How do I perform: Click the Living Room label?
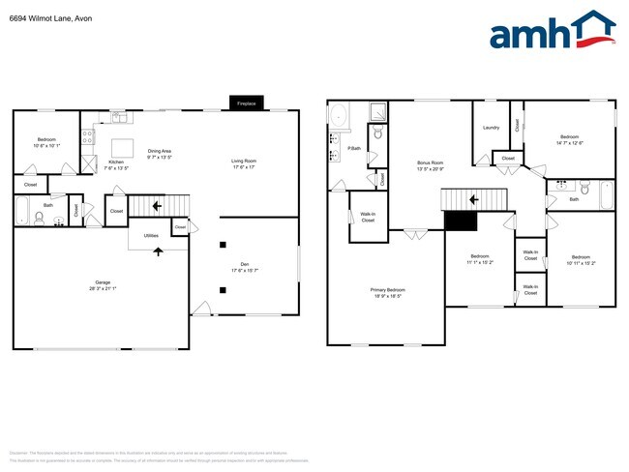pos(243,162)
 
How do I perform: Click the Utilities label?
pos(151,235)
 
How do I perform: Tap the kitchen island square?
pos(124,146)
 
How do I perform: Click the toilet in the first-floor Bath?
pos(39,220)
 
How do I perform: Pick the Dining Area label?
pos(160,151)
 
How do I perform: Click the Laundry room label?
pos(491,128)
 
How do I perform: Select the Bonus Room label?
pos(430,162)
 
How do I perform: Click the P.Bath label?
pos(354,148)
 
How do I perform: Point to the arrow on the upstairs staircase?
pos(475,200)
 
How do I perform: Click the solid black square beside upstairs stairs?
pos(461,221)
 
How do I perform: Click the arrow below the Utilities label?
pos(157,251)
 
